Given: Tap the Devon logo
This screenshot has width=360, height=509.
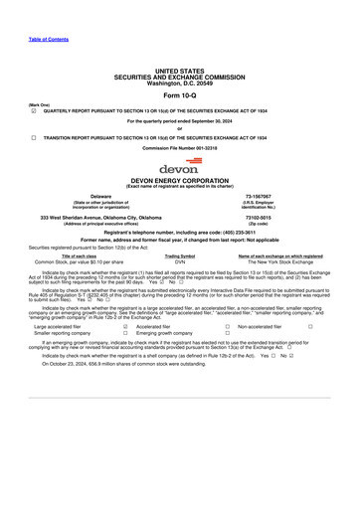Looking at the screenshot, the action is click(x=179, y=166).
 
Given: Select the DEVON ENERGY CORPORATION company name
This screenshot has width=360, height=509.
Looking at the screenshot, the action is click(x=179, y=182).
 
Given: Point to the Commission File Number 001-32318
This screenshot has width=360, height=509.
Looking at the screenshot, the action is click(x=179, y=147).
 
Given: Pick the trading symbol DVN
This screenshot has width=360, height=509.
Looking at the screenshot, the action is click(x=179, y=261).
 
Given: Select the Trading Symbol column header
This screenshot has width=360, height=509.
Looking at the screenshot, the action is click(x=179, y=255).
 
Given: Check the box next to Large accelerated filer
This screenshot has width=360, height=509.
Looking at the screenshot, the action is click(x=124, y=325).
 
